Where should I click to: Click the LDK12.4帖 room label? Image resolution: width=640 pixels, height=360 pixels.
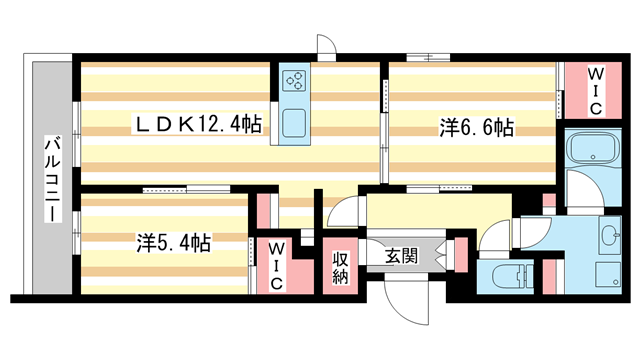(x=200, y=125)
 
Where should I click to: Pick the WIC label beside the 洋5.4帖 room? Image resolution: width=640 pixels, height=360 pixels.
(x=276, y=264)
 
